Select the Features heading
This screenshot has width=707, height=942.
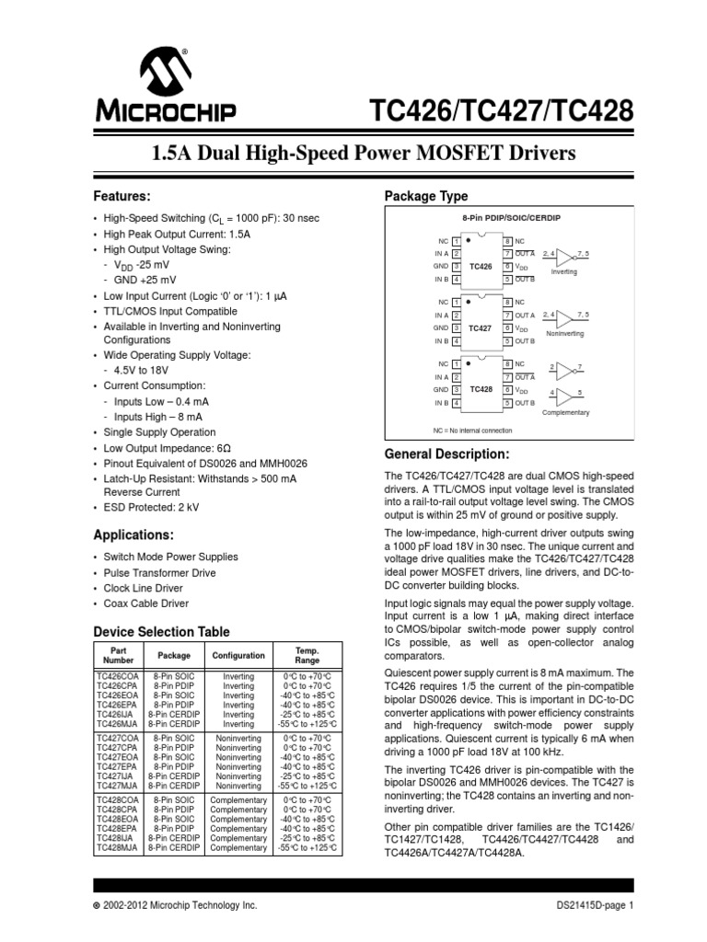[x=122, y=197]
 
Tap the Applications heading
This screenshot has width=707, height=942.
[x=134, y=534]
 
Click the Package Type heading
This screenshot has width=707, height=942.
[x=425, y=197]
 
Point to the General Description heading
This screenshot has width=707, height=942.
[x=446, y=454]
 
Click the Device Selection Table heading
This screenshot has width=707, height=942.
[x=163, y=631]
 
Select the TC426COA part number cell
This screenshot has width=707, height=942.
[x=117, y=676]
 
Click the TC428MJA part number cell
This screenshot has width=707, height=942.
[x=117, y=847]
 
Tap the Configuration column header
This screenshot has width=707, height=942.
[x=238, y=656]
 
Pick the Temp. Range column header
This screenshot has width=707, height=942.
[x=307, y=655]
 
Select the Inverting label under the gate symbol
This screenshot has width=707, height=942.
[x=564, y=272]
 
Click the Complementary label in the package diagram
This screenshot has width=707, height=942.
[x=565, y=412]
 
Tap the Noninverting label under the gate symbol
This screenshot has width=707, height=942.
[x=565, y=334]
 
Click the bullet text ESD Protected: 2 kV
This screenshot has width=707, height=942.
[x=150, y=507]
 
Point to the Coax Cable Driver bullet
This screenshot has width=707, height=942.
[x=147, y=603]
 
